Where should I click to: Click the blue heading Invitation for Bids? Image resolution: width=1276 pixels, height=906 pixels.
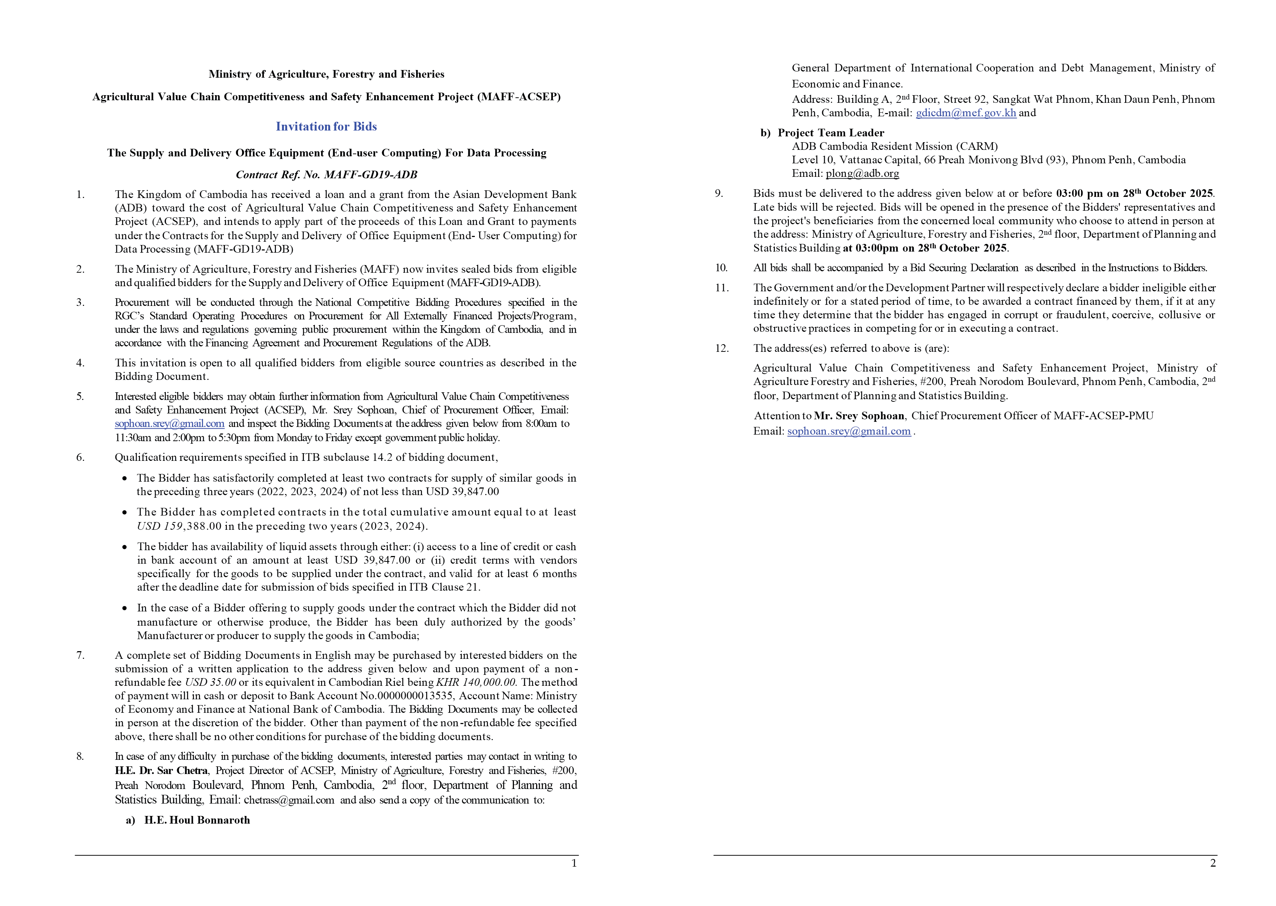(326, 127)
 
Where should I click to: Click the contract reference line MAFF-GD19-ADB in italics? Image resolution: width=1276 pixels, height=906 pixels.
(326, 175)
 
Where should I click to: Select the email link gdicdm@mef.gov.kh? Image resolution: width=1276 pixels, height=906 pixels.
(965, 113)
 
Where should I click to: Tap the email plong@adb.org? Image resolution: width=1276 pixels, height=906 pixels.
(862, 174)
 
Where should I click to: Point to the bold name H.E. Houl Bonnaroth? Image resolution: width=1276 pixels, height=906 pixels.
(197, 820)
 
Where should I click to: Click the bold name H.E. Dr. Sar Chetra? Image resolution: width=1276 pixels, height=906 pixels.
(162, 770)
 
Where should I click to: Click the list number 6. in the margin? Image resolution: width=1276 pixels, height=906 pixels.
(80, 458)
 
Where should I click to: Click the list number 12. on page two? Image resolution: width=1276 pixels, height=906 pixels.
(722, 348)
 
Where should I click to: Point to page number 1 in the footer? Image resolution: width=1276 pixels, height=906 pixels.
(574, 864)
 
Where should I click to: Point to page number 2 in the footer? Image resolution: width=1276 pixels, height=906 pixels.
(1213, 864)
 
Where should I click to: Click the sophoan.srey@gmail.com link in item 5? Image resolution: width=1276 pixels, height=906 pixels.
(169, 423)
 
